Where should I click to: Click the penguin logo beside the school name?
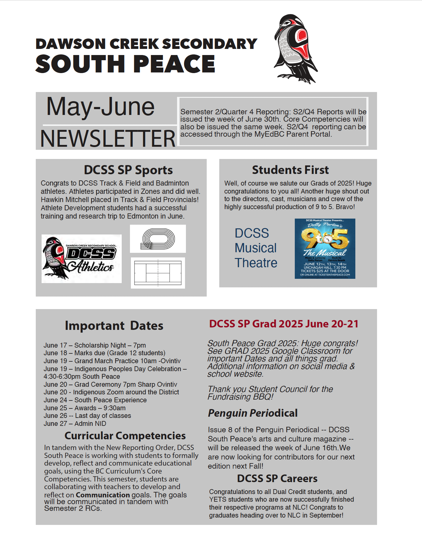(295, 49)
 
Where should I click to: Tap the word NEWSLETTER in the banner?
(108, 138)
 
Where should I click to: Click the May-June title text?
(100, 107)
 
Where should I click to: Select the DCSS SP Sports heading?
(128, 170)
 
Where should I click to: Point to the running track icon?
(158, 239)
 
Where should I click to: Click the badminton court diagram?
(158, 273)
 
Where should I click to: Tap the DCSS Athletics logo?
(81, 259)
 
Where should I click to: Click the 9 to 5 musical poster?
(325, 248)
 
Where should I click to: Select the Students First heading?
(290, 170)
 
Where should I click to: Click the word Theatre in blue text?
(256, 263)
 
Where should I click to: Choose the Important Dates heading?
(114, 326)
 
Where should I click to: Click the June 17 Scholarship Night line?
(94, 345)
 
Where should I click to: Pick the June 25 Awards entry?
(84, 408)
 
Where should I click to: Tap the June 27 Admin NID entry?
(75, 423)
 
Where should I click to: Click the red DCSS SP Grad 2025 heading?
(283, 324)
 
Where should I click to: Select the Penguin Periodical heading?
(253, 413)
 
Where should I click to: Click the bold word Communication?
(103, 495)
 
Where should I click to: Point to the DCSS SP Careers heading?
(277, 478)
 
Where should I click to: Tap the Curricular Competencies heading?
(125, 436)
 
